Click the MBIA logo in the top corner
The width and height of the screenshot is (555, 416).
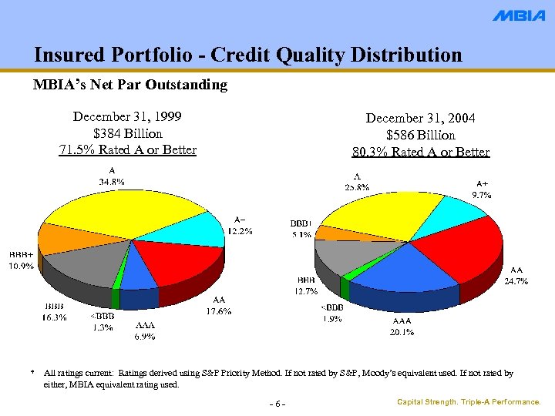click(519, 16)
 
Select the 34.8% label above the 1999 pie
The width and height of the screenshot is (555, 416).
click(112, 181)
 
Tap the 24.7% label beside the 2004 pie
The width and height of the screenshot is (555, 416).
click(516, 281)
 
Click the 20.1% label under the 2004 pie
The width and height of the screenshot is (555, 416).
click(402, 333)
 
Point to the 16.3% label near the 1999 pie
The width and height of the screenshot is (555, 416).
click(54, 317)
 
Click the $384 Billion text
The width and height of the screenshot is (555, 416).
click(127, 133)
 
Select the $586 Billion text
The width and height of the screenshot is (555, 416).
click(421, 135)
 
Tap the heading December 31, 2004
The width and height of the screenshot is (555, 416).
click(421, 118)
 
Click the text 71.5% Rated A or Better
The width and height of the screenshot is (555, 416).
click(127, 149)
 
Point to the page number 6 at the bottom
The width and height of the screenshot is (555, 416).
click(277, 404)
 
